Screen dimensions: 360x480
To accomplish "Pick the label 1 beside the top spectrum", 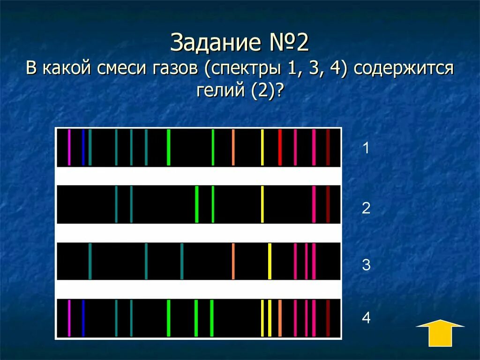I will click(366, 149).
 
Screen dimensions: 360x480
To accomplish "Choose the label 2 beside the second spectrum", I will click(366, 208).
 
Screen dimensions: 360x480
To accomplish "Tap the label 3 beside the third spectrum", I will click(366, 265).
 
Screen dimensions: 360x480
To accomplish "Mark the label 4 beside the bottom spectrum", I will click(366, 318).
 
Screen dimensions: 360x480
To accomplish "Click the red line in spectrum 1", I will click(280, 147).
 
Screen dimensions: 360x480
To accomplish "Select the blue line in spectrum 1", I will click(83, 147).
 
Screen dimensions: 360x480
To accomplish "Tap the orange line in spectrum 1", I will click(233, 147).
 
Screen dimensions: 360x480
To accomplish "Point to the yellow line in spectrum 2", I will click(262, 204).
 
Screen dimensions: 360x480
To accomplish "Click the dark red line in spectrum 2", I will click(328, 204).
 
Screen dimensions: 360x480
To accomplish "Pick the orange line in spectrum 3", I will click(233, 261).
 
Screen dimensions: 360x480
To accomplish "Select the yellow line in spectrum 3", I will click(270, 261).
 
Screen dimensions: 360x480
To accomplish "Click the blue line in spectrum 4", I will click(83, 318).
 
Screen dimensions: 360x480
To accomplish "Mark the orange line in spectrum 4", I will click(280, 318).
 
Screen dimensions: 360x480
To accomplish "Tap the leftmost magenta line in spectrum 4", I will click(69, 318).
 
